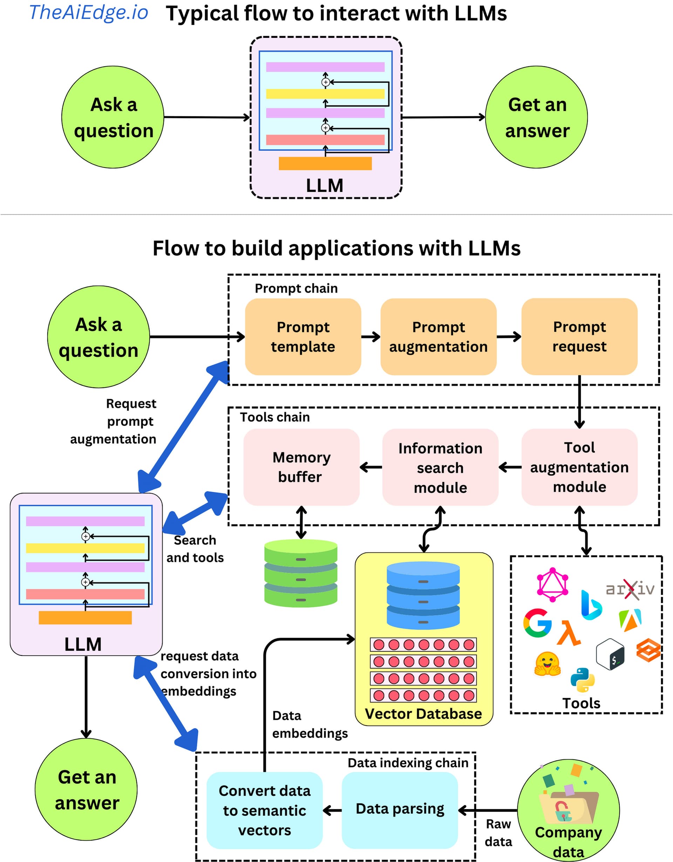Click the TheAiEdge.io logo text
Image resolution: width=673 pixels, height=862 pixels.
88,13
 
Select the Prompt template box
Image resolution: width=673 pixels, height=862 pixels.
303,337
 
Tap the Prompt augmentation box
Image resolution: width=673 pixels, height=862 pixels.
438,337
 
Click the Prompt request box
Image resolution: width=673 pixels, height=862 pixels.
579,337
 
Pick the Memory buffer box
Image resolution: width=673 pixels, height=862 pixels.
301,467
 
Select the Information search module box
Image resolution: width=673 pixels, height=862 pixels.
440,467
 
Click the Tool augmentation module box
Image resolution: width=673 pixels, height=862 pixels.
579,467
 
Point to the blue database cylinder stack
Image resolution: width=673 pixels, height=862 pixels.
423,595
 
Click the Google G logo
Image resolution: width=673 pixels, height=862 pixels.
537,623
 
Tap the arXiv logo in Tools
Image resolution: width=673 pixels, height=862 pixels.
630,589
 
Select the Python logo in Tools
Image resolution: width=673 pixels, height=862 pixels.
583,680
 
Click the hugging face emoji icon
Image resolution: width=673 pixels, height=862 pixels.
547,664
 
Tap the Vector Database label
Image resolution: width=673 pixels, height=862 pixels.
423,714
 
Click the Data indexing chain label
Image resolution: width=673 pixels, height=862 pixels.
408,762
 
